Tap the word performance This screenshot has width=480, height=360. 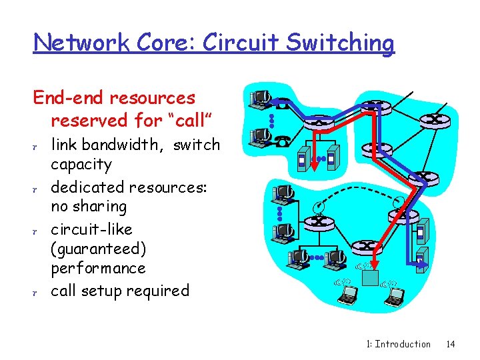[98, 268]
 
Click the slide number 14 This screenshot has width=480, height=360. [451, 344]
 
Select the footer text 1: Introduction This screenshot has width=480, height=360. [399, 344]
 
